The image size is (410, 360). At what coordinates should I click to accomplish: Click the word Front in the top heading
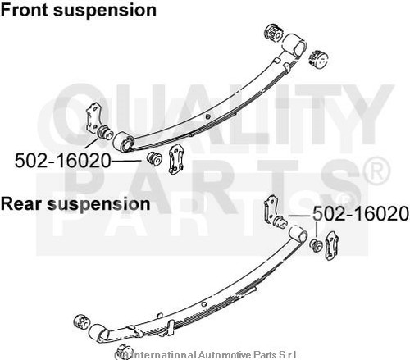(x=25, y=10)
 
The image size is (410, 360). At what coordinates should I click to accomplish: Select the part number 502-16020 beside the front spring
(x=62, y=161)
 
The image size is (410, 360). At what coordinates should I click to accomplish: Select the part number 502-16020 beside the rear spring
(x=361, y=213)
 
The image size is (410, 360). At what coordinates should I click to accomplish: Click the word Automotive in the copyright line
(x=224, y=355)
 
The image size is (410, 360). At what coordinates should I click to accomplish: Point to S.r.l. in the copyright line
(x=288, y=355)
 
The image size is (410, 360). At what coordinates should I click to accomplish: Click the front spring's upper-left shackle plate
(x=93, y=117)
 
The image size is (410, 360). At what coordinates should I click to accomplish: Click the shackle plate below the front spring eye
(x=175, y=159)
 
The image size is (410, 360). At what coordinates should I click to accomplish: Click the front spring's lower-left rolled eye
(x=123, y=141)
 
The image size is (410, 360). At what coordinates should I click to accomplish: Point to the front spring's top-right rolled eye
(x=294, y=45)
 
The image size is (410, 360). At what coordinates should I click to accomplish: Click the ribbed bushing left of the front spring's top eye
(x=276, y=33)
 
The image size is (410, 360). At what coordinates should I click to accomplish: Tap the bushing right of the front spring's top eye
(x=319, y=59)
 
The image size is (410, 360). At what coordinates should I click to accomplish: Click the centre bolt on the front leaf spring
(x=208, y=116)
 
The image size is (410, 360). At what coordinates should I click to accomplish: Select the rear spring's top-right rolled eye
(x=298, y=235)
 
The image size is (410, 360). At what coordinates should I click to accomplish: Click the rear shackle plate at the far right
(x=331, y=246)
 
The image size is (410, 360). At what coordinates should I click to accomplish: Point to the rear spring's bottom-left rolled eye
(x=98, y=333)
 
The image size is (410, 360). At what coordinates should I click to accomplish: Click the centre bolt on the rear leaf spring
(x=203, y=304)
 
